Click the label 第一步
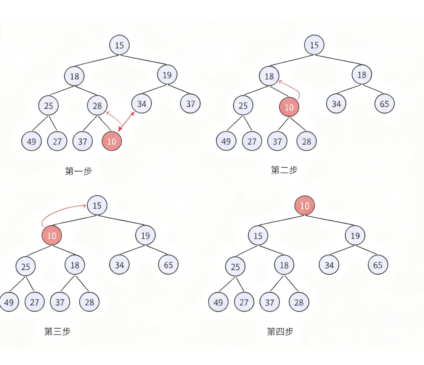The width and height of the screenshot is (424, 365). coord(78,171)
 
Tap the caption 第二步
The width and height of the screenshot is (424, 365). coord(284,170)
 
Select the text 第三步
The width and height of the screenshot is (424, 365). coord(57,331)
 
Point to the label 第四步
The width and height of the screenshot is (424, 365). coord(280,331)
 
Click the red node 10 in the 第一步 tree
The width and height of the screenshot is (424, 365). coord(112,141)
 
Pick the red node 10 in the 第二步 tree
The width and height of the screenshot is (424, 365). coord(289,107)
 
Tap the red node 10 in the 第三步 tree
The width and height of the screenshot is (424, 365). coord(52,236)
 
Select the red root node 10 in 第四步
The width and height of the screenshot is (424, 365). coord(305,205)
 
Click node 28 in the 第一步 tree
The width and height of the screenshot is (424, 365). coord(97,106)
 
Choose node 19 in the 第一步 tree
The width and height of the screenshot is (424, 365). coord(167,75)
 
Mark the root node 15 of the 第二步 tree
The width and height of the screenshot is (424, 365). coord(314,45)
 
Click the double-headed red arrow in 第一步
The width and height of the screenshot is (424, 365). coord(126,121)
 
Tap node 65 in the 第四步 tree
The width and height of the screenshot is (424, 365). coord(378,265)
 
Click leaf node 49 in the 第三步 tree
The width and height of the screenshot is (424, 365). coord(9,302)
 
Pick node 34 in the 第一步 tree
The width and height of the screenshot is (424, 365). coord(142,104)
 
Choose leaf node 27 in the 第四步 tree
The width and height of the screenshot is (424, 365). coord(244,302)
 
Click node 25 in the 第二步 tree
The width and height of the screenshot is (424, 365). coord(243,106)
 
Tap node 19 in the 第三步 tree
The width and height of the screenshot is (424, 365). coord(145,235)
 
